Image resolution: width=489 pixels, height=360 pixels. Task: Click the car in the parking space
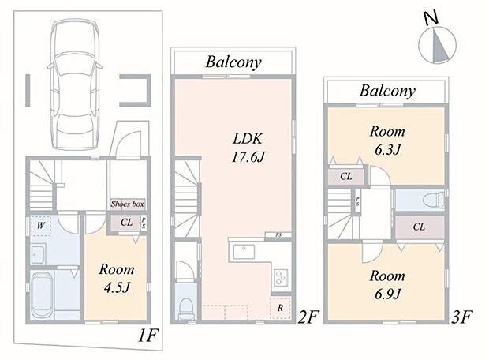coord(75,84)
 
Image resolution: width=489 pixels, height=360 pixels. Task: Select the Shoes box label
coord(127,204)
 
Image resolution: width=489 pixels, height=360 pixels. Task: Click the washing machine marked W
coord(41,226)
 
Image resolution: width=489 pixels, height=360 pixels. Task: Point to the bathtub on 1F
coord(43,294)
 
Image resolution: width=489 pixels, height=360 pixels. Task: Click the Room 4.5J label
coord(116,279)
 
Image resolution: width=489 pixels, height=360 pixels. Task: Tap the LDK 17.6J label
coord(248,148)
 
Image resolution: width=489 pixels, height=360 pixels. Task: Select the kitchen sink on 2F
coord(244,252)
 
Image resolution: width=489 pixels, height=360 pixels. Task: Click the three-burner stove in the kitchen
coord(282,277)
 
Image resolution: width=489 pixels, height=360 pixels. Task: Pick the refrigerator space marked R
coord(280,308)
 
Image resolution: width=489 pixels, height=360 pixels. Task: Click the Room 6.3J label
coord(387,141)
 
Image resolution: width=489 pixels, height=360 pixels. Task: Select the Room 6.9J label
coord(387,285)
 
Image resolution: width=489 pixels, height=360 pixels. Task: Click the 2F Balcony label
coord(233,62)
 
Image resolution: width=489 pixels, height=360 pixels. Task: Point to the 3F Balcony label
coord(387,91)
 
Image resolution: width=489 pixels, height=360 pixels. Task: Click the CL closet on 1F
coord(126,223)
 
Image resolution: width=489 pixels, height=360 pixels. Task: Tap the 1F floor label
coord(148,336)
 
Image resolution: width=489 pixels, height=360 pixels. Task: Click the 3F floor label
coord(462,317)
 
